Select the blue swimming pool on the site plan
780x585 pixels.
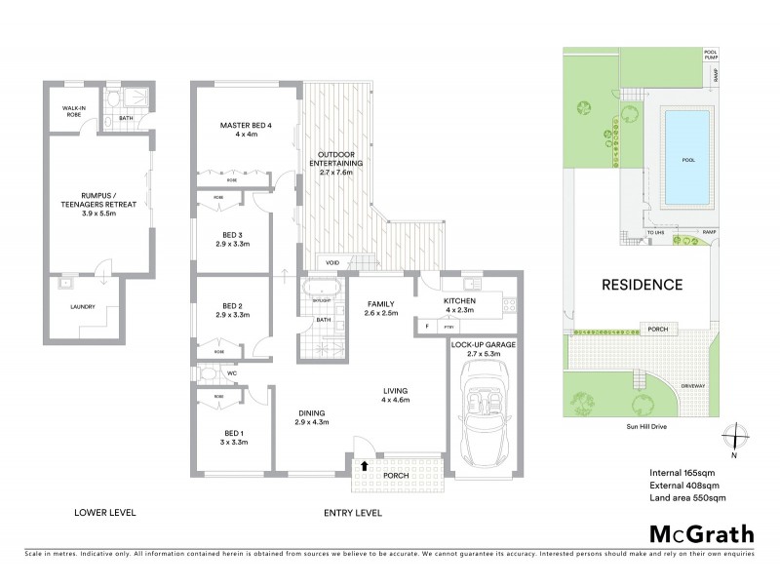coord(686,157)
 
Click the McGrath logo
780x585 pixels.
coord(701,533)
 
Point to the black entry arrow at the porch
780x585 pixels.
coord(365,466)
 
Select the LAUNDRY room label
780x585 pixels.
coord(82,307)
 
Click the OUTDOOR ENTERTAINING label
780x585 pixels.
coord(337,168)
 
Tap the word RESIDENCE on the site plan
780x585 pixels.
coord(641,285)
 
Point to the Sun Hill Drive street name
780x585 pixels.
coord(641,427)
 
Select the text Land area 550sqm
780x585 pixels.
coord(687,498)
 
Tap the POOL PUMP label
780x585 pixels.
coord(710,57)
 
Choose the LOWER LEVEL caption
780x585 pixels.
coord(105,512)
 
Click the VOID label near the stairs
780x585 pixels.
coord(332,262)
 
